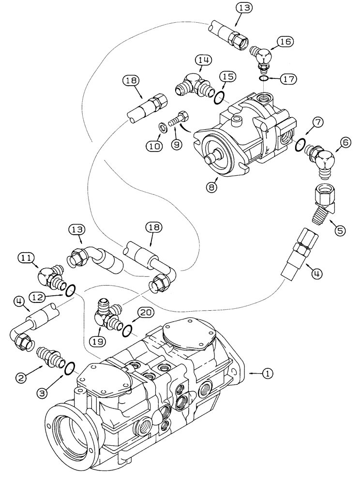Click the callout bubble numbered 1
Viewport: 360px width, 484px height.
coord(268,373)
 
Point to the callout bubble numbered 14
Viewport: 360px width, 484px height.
coord(204,60)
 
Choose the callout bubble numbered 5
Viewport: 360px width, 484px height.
coord(340,231)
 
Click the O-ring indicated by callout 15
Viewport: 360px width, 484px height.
coord(218,98)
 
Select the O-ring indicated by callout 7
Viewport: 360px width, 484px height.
coord(300,144)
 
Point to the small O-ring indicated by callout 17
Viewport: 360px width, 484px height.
coord(263,78)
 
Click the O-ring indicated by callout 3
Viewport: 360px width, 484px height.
coord(69,369)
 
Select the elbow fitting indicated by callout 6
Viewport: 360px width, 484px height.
coord(320,160)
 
